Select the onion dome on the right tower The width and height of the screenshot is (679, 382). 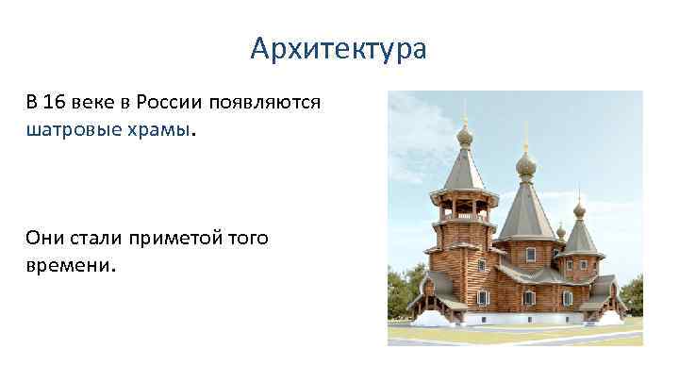pos(579,208)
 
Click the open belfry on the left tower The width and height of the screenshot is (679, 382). pos(461,207)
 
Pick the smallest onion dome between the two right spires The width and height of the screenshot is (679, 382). pos(560,231)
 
